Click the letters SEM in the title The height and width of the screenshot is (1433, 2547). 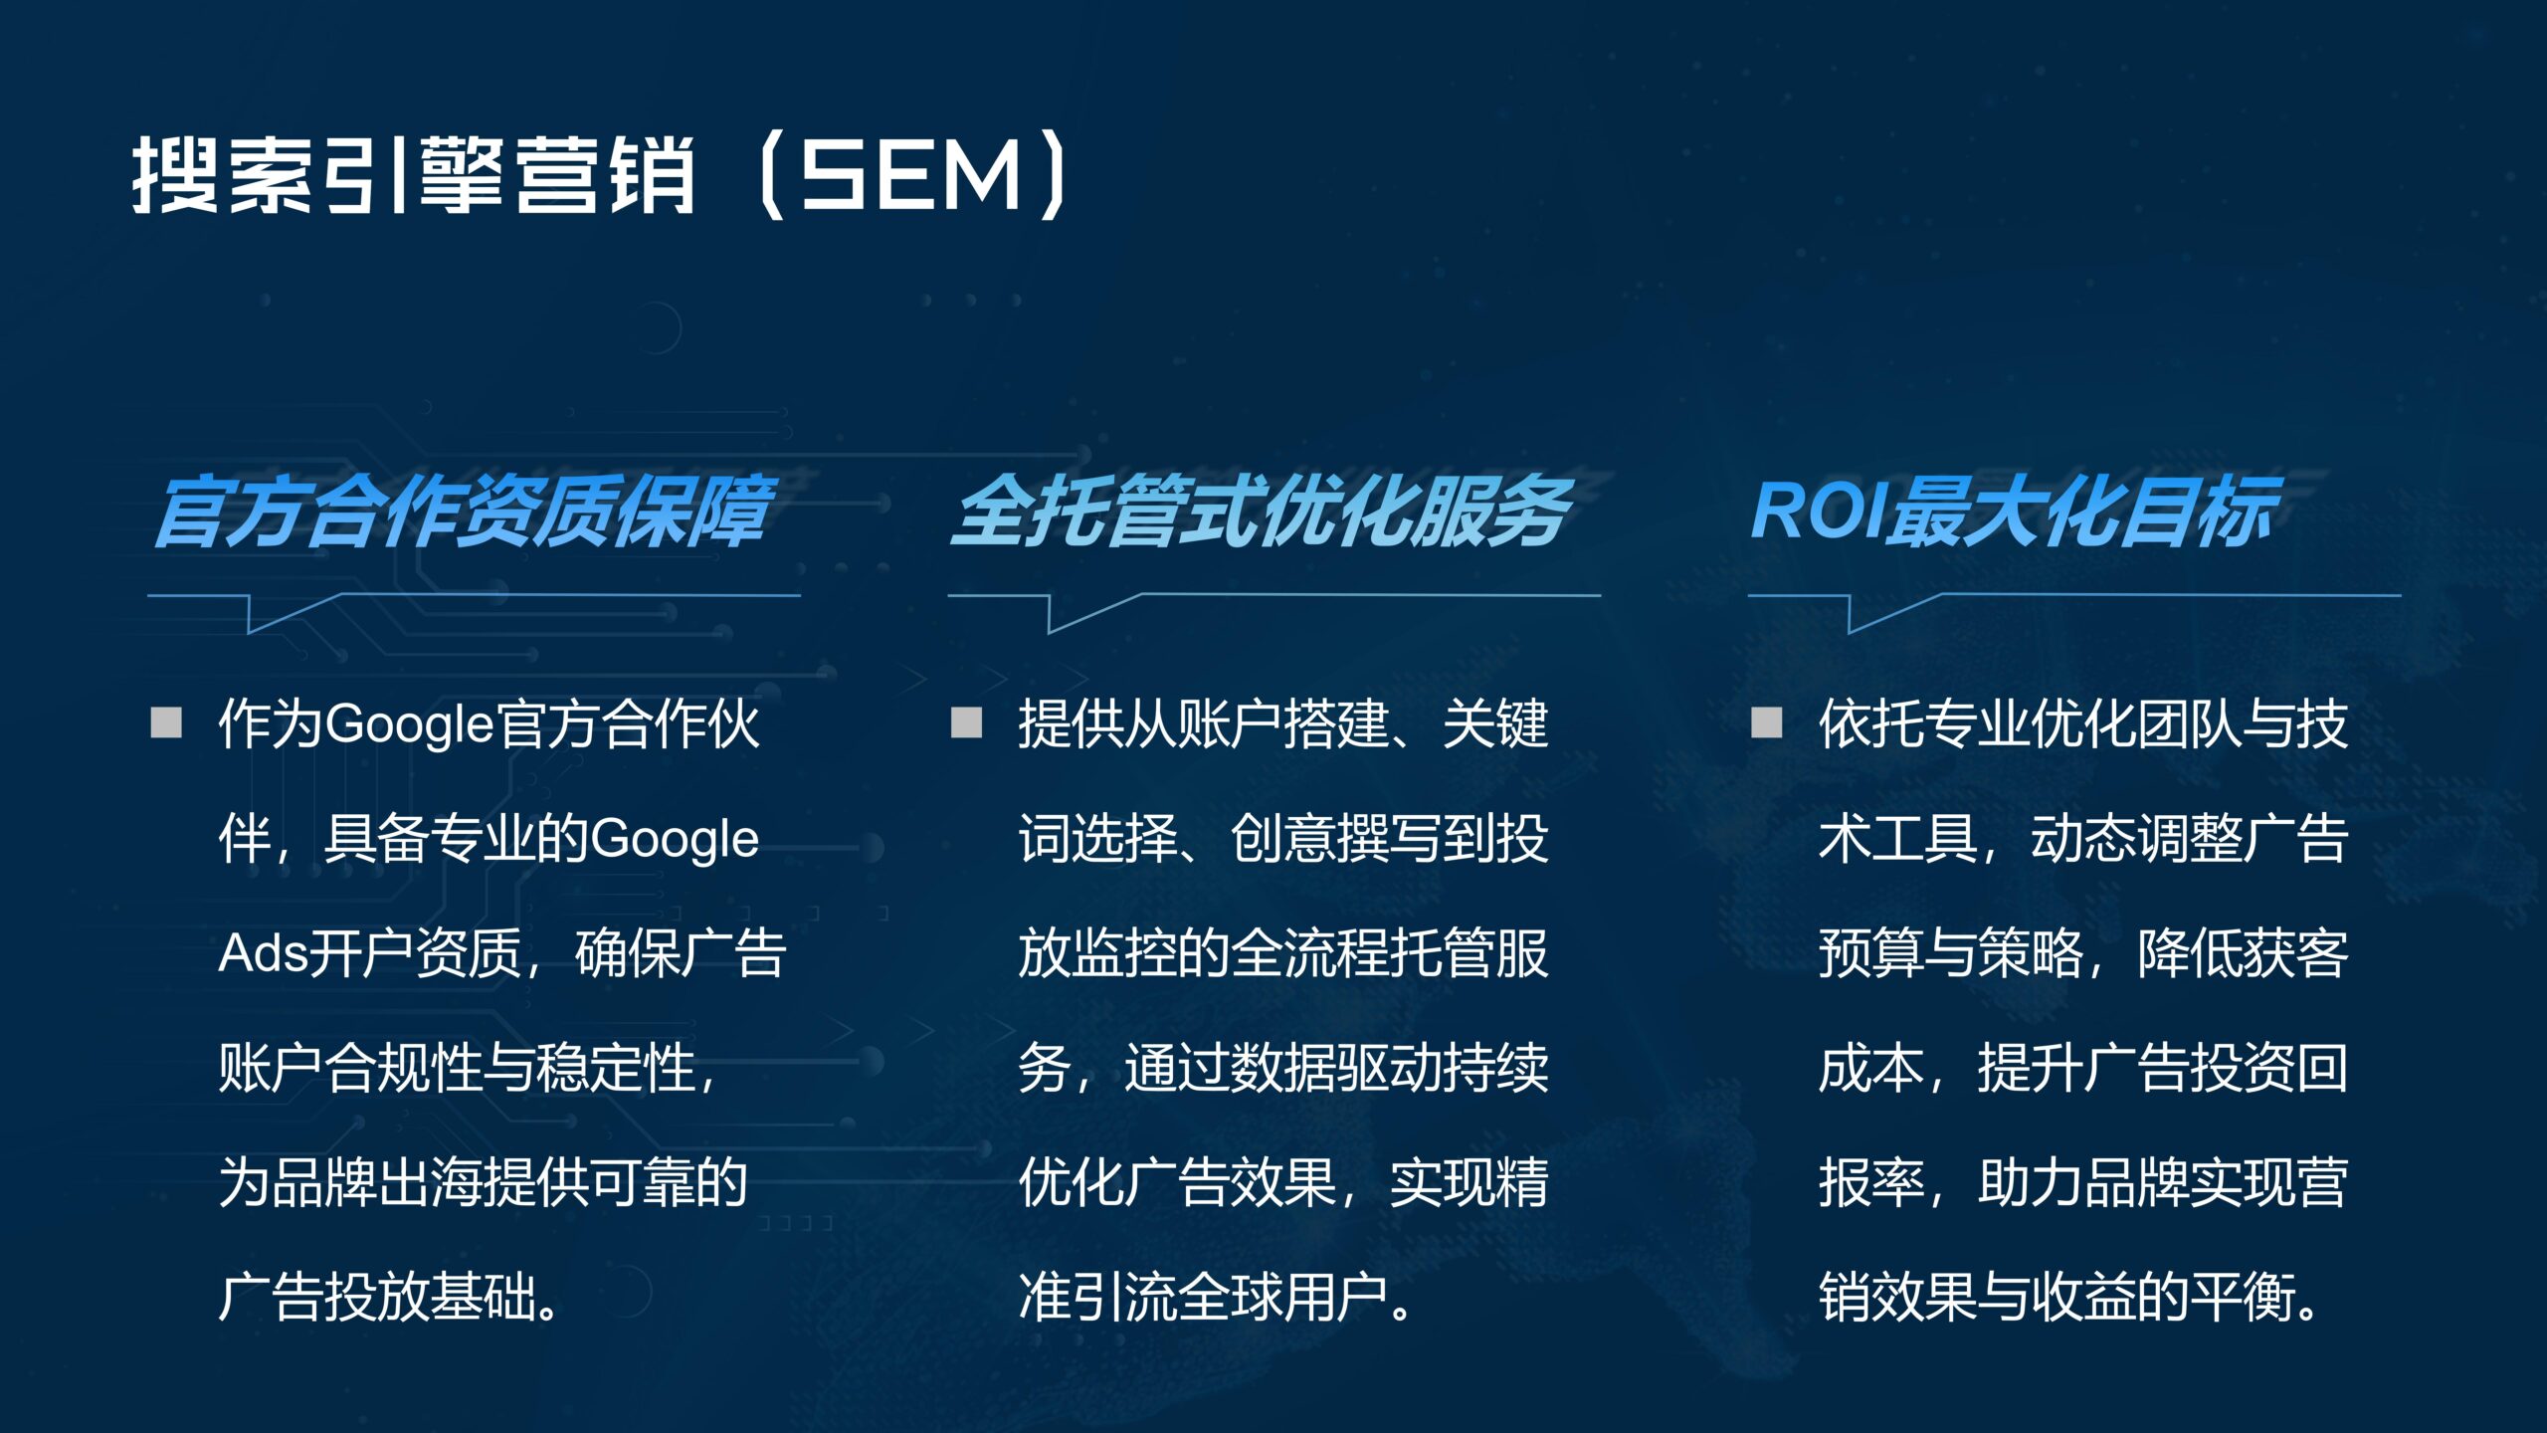(911, 175)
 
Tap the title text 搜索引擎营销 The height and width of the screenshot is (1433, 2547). (413, 175)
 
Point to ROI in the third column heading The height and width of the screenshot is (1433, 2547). (1819, 511)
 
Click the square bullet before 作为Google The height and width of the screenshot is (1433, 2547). (166, 722)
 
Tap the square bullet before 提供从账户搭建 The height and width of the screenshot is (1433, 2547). (966, 722)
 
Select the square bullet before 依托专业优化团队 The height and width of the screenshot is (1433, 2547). (1766, 722)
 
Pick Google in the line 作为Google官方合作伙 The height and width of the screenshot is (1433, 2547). (410, 724)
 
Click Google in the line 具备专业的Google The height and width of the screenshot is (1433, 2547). (675, 840)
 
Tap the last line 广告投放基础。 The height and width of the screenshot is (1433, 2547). (389, 1298)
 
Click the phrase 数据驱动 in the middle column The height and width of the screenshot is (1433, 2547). (1336, 1068)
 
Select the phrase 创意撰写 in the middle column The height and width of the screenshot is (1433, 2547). (1336, 839)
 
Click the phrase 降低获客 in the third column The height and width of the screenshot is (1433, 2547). (2243, 953)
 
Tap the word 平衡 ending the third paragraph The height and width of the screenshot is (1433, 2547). (2243, 1298)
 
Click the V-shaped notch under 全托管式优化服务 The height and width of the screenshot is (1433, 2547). (1095, 613)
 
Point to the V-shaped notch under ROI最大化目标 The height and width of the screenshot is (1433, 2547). (1895, 613)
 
